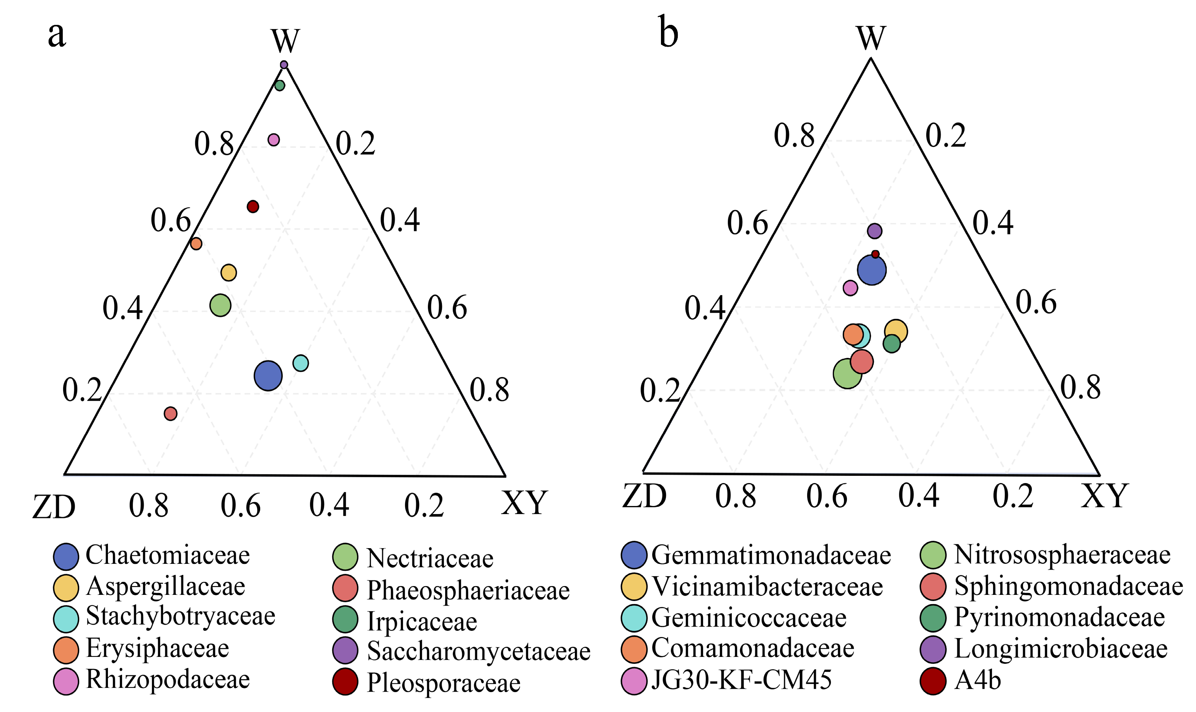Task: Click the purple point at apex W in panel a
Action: pos(284,65)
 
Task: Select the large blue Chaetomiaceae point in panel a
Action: pos(268,376)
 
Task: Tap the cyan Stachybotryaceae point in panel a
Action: pos(301,363)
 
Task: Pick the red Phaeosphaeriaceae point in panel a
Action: pos(170,413)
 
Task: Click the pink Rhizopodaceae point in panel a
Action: pos(273,140)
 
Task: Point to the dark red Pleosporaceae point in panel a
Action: pos(253,207)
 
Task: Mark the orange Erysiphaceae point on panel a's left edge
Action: pos(196,244)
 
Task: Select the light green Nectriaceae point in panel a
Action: pos(220,305)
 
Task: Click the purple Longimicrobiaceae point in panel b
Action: pos(875,231)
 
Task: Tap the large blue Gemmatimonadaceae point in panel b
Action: pos(872,270)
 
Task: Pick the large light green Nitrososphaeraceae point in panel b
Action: pos(847,373)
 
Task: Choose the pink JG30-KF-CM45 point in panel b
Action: pos(850,288)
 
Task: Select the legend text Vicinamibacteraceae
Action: pos(767,586)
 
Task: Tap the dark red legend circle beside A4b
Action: pos(933,681)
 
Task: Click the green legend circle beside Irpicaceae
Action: pos(345,619)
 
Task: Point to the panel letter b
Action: pos(669,33)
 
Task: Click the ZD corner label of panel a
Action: pos(54,507)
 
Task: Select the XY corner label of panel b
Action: pos(1105,496)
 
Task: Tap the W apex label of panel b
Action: pos(871,37)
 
